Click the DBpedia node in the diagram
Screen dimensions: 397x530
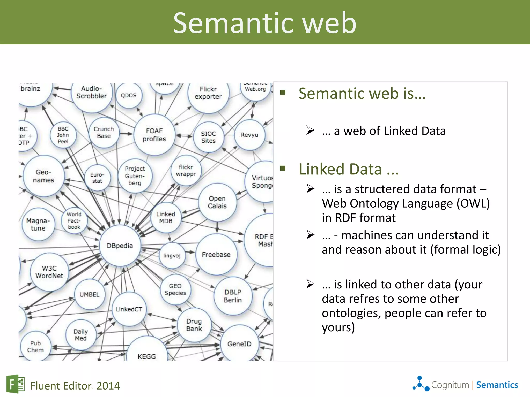[x=120, y=246]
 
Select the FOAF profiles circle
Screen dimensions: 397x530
[x=154, y=135]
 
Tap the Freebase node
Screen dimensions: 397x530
[x=216, y=255]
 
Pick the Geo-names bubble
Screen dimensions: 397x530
[x=43, y=176]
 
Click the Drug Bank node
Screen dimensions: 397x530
[x=194, y=325]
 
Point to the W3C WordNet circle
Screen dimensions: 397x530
[x=49, y=272]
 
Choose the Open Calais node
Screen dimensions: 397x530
[x=217, y=202]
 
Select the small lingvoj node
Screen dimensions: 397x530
[x=172, y=256]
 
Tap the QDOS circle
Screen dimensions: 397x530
[x=129, y=95]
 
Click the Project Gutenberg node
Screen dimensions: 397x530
[x=135, y=176]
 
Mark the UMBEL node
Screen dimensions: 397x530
[x=90, y=294]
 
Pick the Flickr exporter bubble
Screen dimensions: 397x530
[x=208, y=93]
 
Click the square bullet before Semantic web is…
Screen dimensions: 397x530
[x=283, y=93]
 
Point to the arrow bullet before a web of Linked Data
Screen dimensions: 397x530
[x=310, y=130]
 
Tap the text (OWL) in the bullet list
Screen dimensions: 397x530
[x=473, y=203]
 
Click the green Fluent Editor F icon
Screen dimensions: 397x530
[x=15, y=384]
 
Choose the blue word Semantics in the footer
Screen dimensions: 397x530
[x=497, y=385]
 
